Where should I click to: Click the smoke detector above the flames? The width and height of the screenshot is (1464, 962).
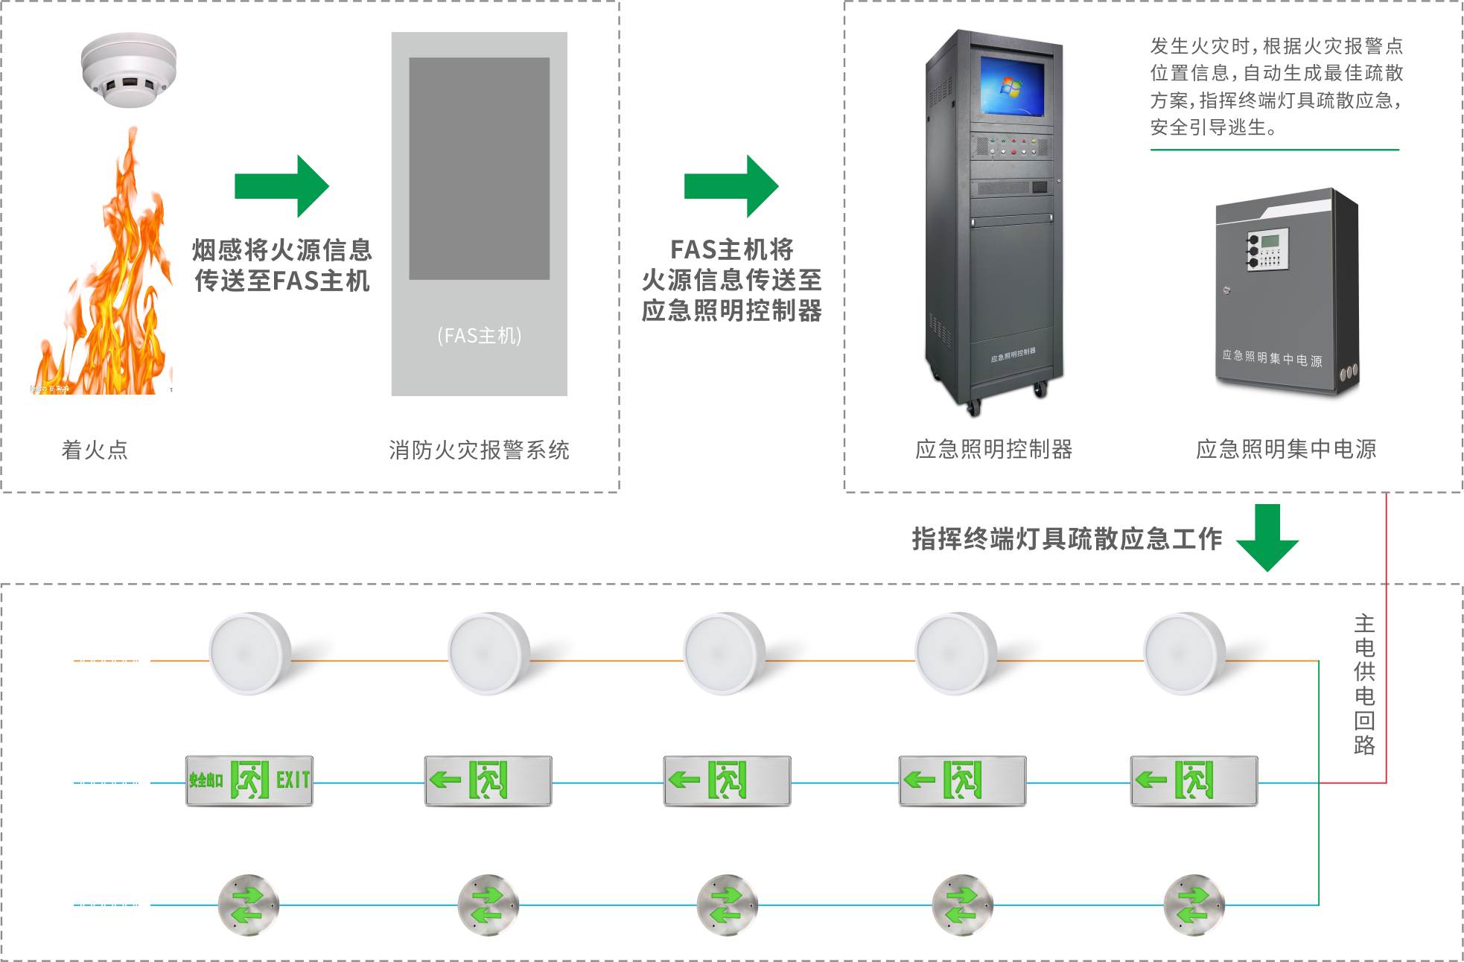[x=129, y=70]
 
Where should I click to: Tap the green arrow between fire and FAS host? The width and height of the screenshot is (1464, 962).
[x=281, y=186]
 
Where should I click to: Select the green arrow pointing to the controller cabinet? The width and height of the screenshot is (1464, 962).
[x=731, y=186]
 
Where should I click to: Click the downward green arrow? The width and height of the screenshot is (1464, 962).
[x=1267, y=538]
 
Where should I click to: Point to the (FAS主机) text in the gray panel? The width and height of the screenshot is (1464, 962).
[x=480, y=336]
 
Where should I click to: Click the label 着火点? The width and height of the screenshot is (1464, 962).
[x=95, y=450]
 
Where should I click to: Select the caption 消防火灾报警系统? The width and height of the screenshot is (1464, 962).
[x=479, y=450]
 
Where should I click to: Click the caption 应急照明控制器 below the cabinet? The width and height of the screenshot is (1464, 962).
[x=994, y=449]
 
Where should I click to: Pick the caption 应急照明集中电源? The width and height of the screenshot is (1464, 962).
[x=1286, y=449]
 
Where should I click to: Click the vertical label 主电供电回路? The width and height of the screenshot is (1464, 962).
[x=1364, y=684]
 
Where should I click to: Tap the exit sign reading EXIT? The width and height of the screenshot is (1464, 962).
[x=249, y=780]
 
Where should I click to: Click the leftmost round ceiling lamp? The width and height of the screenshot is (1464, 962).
[x=249, y=654]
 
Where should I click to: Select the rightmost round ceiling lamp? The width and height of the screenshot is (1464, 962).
[x=1184, y=654]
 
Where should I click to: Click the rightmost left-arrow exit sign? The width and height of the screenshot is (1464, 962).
[x=1194, y=780]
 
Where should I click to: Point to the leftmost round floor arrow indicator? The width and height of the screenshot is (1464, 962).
[x=248, y=905]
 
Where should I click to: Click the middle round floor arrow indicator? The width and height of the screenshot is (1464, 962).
[x=727, y=905]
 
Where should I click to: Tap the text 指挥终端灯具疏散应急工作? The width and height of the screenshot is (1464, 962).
[x=1066, y=538]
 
